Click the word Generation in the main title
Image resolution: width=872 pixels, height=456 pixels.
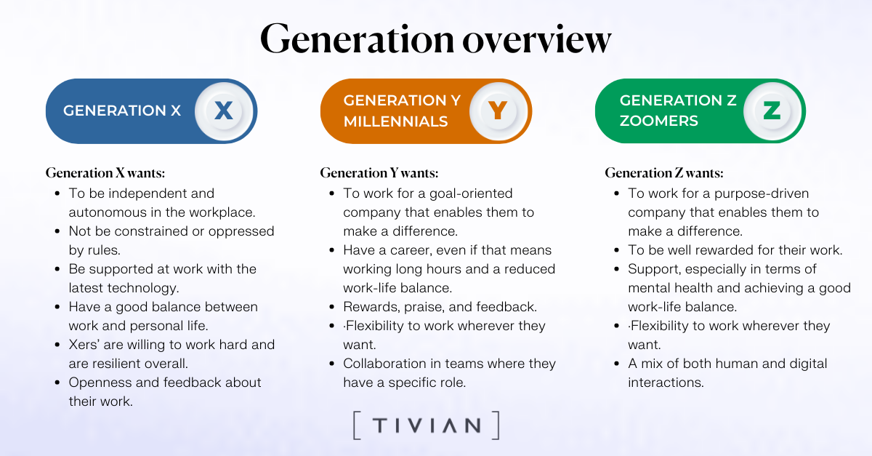click(x=358, y=39)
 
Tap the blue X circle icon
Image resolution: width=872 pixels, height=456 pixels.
click(x=224, y=111)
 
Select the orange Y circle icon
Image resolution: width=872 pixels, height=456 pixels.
click(x=498, y=111)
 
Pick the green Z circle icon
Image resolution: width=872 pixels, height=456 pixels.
click(x=772, y=111)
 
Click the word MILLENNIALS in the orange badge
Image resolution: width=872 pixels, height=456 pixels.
click(x=395, y=121)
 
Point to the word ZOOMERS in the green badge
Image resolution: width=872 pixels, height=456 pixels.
click(x=658, y=121)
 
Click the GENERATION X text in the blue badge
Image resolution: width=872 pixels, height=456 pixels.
click(x=122, y=111)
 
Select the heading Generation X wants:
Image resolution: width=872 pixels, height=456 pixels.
click(x=105, y=172)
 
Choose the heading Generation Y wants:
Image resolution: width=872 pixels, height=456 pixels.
click(x=379, y=172)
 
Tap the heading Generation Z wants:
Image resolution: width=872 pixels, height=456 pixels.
click(x=664, y=172)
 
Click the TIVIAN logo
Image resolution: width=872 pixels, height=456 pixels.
click(x=427, y=425)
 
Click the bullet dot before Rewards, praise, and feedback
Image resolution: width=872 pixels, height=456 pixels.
click(x=331, y=307)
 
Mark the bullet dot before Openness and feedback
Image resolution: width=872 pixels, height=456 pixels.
click(x=57, y=383)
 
